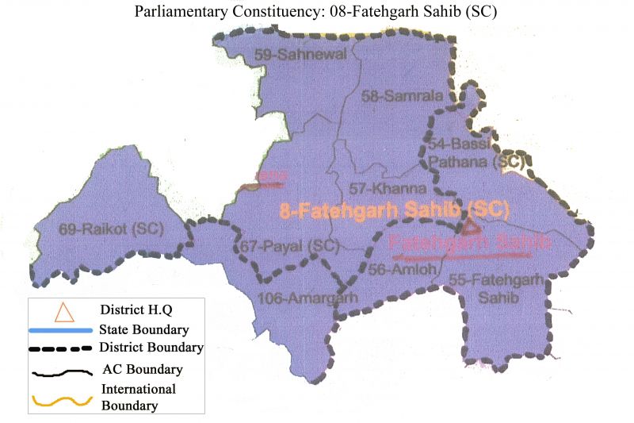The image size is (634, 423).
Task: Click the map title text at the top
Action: pos(317,13)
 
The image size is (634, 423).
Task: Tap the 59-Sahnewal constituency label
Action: pos(290,54)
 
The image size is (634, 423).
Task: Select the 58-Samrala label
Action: pos(390,96)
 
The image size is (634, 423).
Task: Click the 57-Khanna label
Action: pos(388,189)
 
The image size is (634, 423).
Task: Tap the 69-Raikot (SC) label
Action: pos(110,229)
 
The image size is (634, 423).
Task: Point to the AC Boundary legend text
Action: pos(142,370)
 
